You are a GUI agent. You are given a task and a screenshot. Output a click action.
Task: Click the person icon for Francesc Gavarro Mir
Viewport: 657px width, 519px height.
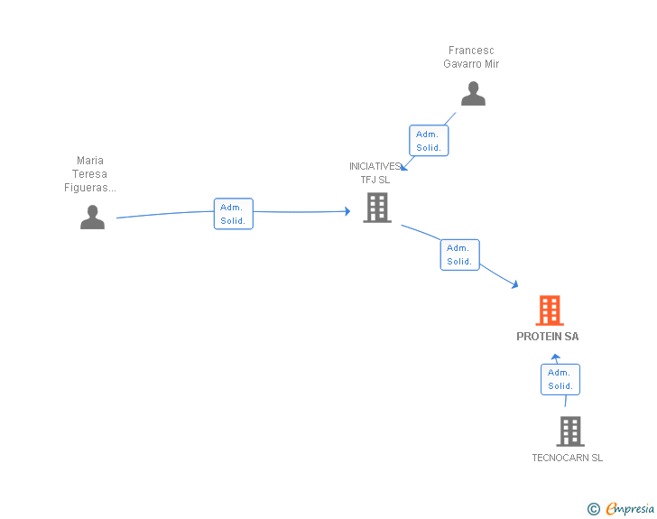473,94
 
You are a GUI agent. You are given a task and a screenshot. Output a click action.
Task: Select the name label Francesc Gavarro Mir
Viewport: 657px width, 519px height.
471,58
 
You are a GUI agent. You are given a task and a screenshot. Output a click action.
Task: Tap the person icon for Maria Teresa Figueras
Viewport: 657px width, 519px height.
92,218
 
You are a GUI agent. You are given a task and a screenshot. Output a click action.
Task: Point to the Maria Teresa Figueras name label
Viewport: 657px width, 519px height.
90,174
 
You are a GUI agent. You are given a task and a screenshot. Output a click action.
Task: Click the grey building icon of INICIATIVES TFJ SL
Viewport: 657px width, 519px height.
376,208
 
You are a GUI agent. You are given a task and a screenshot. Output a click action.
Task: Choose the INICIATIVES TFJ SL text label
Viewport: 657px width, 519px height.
375,172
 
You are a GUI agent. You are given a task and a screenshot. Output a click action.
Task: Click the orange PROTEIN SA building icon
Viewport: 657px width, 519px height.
550,310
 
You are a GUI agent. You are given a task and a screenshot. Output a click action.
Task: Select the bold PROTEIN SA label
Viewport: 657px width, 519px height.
548,337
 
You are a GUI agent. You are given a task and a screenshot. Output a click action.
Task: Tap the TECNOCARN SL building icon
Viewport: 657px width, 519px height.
569,431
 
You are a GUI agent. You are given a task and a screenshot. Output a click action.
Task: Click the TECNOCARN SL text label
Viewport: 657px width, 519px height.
568,458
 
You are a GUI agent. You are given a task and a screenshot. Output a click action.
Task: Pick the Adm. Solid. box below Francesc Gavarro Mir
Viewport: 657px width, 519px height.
429,141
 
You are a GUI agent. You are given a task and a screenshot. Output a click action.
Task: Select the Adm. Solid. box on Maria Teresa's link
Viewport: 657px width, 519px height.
233,214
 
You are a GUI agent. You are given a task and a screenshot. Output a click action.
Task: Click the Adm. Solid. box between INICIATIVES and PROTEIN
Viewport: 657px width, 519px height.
459,255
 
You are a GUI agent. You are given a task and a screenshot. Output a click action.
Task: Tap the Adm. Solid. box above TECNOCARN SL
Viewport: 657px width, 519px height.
560,379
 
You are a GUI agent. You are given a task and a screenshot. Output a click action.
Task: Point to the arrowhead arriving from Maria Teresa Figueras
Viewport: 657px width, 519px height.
347,211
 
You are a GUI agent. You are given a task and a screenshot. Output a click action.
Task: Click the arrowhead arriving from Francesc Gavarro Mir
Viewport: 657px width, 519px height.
403,166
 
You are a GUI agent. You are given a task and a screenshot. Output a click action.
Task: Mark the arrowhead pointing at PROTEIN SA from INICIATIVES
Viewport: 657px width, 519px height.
514,285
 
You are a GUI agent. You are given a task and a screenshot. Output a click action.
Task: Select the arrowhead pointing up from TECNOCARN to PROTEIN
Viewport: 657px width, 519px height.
556,357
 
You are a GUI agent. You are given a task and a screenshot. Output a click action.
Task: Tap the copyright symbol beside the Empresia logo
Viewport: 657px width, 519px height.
594,510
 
